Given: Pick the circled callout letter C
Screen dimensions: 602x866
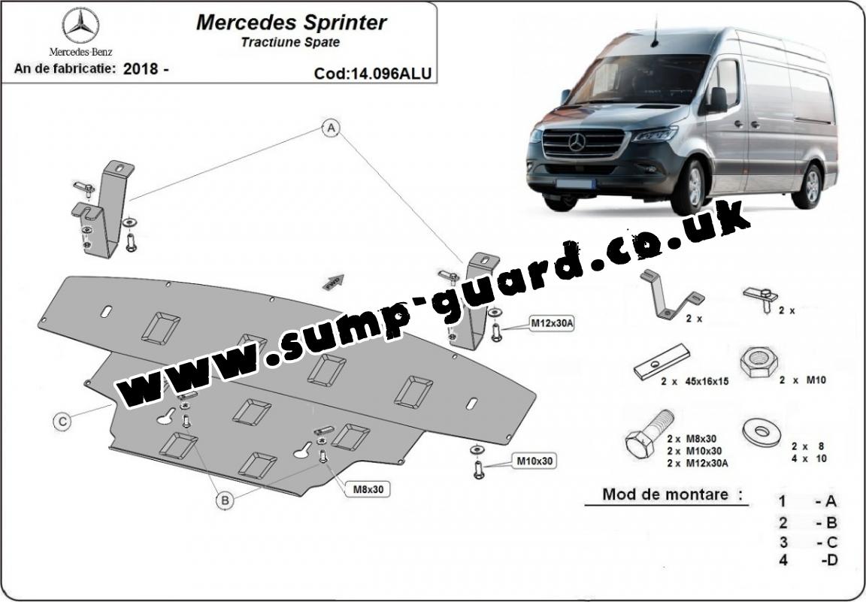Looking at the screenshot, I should [x=63, y=422].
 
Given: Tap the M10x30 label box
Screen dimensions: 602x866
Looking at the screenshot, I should [x=535, y=460].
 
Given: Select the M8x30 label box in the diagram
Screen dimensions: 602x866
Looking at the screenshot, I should [x=368, y=489].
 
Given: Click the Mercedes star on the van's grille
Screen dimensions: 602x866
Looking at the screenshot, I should [x=577, y=141].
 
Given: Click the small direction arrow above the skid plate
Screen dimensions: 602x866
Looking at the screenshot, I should [x=332, y=281].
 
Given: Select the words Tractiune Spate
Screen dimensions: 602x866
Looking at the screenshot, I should [x=290, y=42].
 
